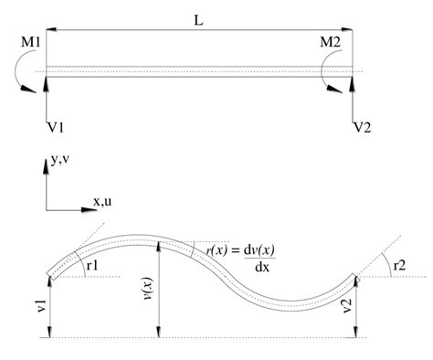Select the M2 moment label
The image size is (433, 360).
tap(333, 42)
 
